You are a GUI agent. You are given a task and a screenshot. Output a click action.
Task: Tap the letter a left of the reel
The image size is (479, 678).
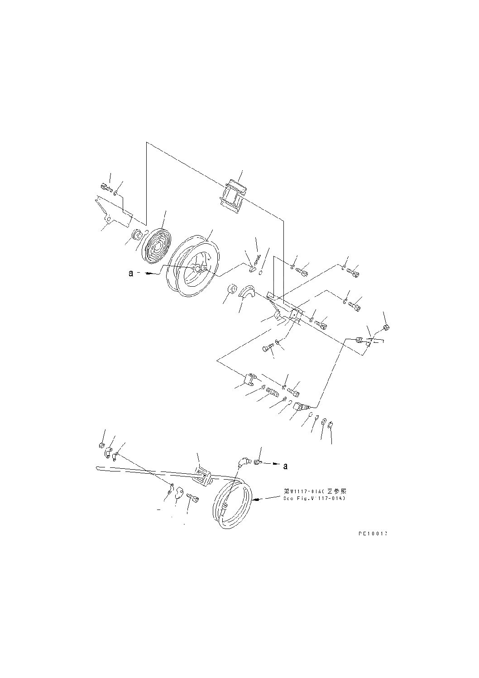click(x=131, y=274)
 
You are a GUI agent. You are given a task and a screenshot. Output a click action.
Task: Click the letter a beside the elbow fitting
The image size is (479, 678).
click(x=285, y=466)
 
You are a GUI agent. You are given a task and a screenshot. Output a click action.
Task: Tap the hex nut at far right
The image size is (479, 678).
click(x=386, y=327)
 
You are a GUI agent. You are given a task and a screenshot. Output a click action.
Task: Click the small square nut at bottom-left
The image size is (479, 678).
click(x=101, y=446)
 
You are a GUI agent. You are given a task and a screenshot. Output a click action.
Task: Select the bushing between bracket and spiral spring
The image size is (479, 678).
click(x=136, y=236)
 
